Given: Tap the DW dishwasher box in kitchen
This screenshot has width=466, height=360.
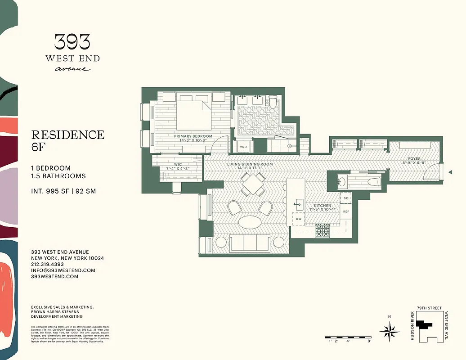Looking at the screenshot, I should (299, 219).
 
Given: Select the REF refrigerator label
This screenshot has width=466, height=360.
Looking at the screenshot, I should (346, 211).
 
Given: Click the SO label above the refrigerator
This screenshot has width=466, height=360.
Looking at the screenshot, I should (346, 198).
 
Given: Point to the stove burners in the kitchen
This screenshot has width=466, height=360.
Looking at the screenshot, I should (322, 230).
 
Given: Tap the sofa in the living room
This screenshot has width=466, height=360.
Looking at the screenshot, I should (249, 243).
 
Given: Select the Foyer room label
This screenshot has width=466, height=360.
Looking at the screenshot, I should (414, 159).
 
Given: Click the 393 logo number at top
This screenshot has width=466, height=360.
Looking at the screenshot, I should (72, 42).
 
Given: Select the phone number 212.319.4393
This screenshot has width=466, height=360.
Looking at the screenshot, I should (47, 264).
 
